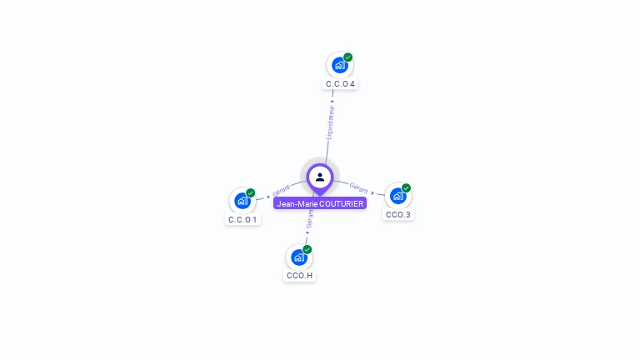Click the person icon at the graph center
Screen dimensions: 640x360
(x=320, y=177)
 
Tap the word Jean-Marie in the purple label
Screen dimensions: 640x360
(x=297, y=203)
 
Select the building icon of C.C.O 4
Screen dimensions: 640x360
(x=339, y=65)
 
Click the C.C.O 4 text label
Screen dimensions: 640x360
(x=340, y=84)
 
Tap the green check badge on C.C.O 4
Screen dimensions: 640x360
(x=347, y=57)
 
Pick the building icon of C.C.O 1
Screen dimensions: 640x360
(x=242, y=200)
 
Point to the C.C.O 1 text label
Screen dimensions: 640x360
(x=242, y=220)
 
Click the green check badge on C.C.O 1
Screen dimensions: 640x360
(x=250, y=193)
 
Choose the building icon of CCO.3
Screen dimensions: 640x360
(x=397, y=196)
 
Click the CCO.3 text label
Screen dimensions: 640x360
(x=397, y=215)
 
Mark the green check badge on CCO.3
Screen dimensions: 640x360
(x=406, y=188)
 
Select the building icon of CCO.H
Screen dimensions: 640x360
(x=298, y=257)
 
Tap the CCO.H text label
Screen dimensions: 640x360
(x=299, y=276)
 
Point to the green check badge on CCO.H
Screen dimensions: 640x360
(x=307, y=249)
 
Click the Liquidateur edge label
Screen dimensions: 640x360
(x=330, y=122)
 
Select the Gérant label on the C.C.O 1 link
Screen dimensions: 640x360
(x=281, y=191)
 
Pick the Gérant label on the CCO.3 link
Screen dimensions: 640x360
(x=358, y=187)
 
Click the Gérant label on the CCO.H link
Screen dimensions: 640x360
(x=310, y=218)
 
